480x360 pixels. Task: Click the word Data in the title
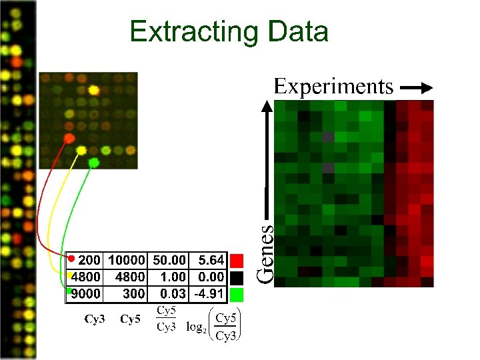click(297, 31)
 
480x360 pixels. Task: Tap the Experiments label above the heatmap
click(333, 87)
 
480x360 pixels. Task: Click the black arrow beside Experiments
click(418, 87)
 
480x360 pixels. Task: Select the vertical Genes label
click(266, 253)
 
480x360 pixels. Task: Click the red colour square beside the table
click(237, 259)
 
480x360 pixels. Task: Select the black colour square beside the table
click(237, 277)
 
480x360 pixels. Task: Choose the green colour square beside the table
click(237, 294)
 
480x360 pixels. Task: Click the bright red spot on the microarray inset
click(68, 138)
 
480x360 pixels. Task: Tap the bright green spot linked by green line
click(94, 162)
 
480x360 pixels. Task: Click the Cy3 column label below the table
click(94, 319)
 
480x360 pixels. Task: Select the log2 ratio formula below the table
click(213, 324)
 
